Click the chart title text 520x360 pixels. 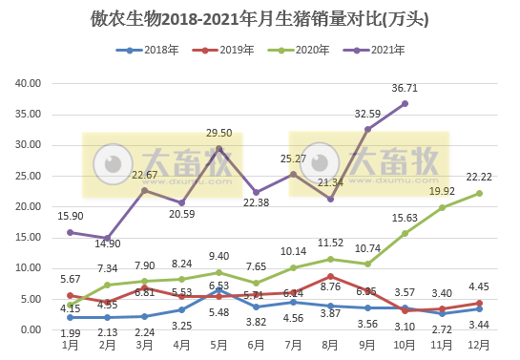point(260,18)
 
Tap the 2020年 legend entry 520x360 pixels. point(310,49)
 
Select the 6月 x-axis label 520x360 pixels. point(256,345)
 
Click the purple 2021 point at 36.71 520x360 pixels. point(406,103)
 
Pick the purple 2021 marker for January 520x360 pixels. point(70,232)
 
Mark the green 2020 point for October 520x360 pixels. point(406,233)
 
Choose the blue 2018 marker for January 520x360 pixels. point(70,317)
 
